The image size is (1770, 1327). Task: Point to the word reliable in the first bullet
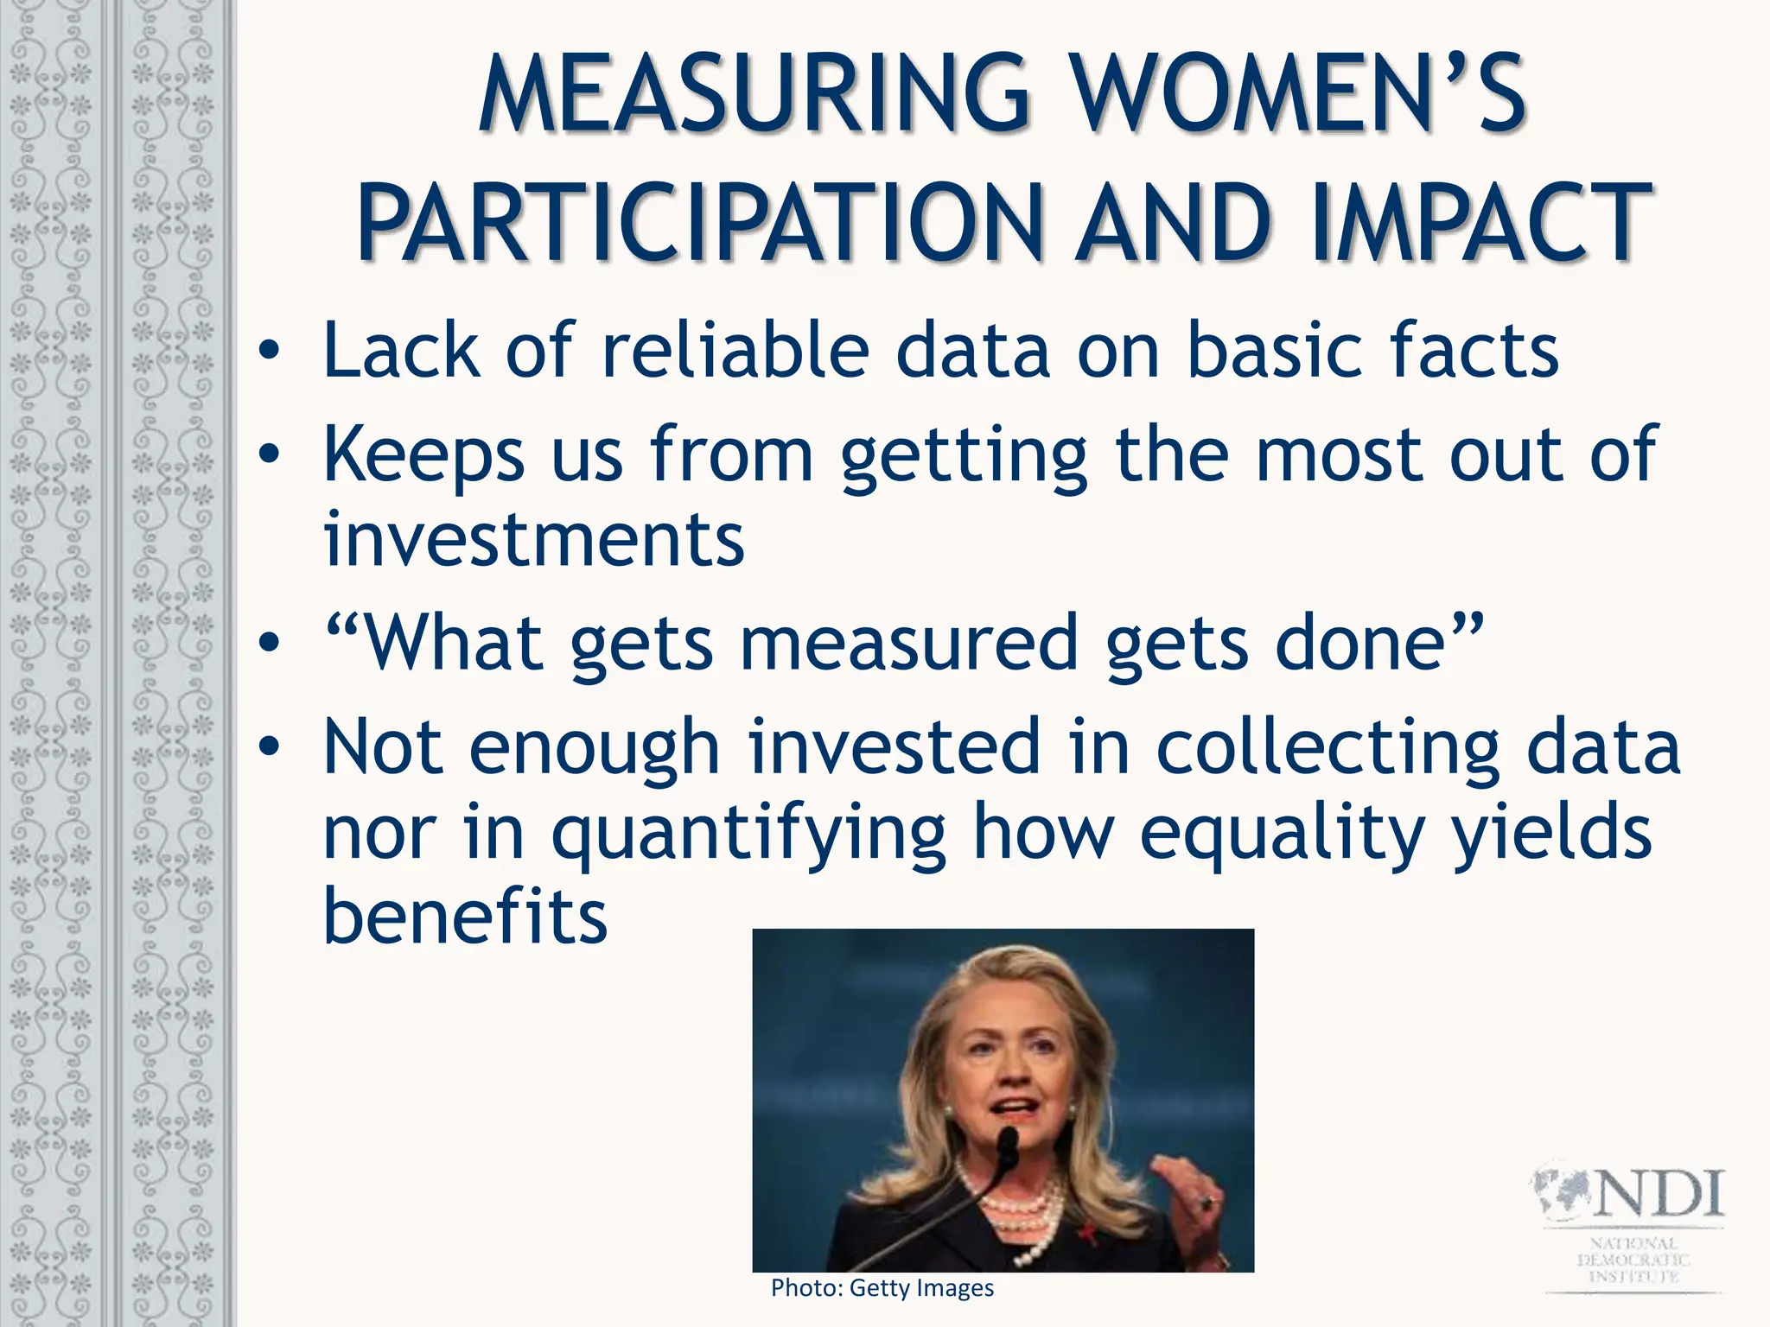click(x=735, y=350)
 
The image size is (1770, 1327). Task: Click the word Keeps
click(x=423, y=455)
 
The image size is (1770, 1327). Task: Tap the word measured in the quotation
click(x=909, y=643)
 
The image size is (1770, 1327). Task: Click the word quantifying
click(x=748, y=831)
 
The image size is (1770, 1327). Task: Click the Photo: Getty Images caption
click(x=882, y=1288)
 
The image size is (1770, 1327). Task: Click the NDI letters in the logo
click(x=1658, y=1193)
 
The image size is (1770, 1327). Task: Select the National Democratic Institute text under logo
click(x=1633, y=1259)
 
